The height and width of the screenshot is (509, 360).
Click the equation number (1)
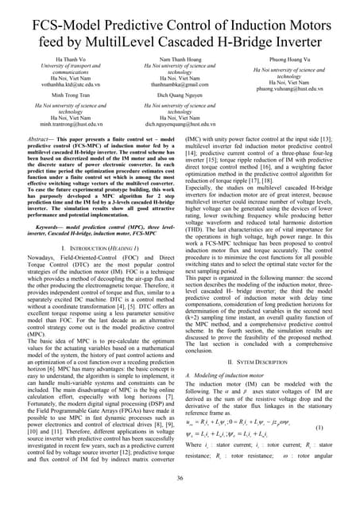341,427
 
